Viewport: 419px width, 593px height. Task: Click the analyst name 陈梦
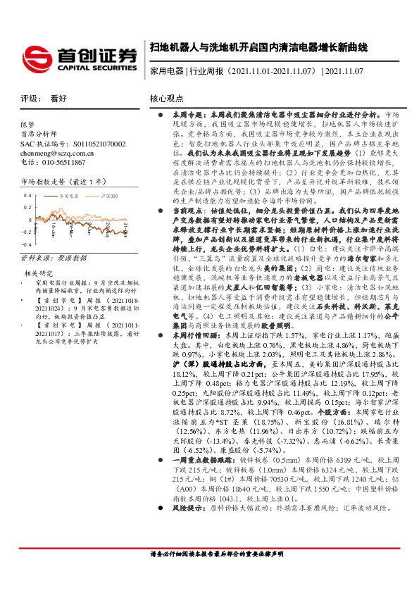click(x=27, y=123)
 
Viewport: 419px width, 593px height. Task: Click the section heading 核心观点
click(x=167, y=99)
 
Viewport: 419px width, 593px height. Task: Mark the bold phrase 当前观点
click(x=186, y=210)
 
